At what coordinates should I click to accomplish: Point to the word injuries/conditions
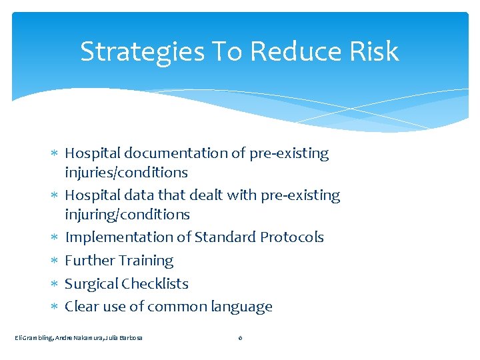[x=126, y=173]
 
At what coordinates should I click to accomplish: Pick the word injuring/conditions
[x=127, y=215]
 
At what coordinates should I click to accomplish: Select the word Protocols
[x=291, y=237]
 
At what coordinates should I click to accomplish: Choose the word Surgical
[x=92, y=284]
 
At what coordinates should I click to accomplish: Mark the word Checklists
[x=157, y=284]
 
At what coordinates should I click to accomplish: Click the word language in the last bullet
[x=241, y=307]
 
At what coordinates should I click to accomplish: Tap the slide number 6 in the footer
[x=240, y=338]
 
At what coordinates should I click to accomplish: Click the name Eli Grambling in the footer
[x=33, y=338]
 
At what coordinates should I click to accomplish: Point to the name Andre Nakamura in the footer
[x=77, y=338]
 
